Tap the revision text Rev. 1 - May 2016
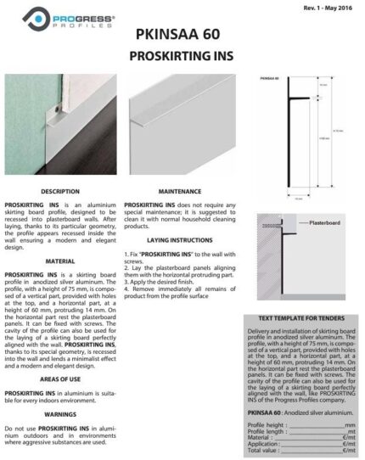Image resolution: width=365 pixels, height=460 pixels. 326,7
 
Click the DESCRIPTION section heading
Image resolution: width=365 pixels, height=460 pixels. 59,192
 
